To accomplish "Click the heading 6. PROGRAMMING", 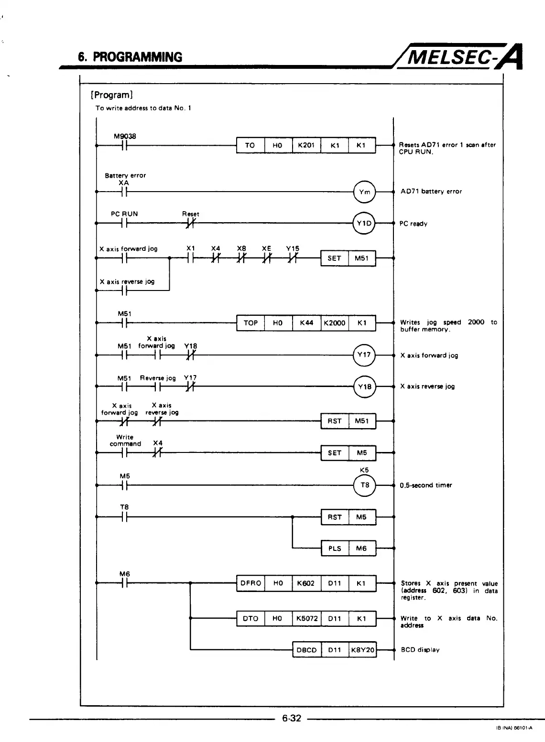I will (x=131, y=57).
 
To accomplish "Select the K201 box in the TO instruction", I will (x=306, y=145).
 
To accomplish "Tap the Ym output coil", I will (x=365, y=192).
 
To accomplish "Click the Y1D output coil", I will (x=364, y=224).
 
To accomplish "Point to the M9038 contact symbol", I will (x=124, y=145).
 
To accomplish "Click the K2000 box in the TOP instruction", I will (x=335, y=323).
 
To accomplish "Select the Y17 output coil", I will (x=365, y=355).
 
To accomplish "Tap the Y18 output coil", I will (x=365, y=387).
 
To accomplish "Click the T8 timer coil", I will (x=365, y=485).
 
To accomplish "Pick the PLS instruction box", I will (x=335, y=548).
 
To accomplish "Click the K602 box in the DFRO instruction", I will (x=306, y=583).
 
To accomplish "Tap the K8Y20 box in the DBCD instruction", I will (x=362, y=650).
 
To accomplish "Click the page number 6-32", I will (x=292, y=718).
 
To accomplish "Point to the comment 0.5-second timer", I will (x=425, y=485).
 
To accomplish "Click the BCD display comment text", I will (x=420, y=650).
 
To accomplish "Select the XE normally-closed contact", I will (x=267, y=258).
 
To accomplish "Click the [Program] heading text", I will (x=111, y=95).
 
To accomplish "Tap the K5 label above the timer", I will (x=364, y=470).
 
